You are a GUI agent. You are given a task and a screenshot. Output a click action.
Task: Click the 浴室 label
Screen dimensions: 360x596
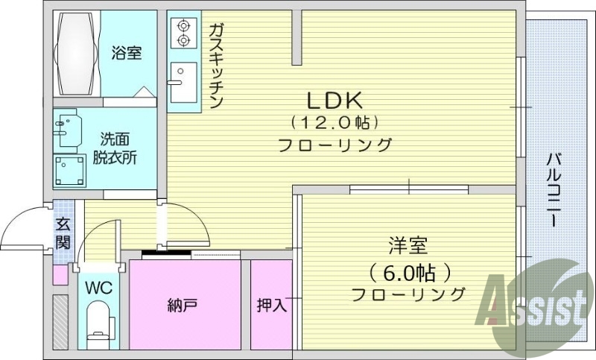pos(127,53)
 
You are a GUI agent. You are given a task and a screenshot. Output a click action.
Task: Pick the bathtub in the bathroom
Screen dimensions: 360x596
pos(77,53)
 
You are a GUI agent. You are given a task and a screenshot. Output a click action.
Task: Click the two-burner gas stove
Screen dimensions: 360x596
pos(183,31)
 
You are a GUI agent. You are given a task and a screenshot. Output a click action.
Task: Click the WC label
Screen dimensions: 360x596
pos(98,288)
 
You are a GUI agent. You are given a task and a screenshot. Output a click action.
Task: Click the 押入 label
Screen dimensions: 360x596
pos(271,305)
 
